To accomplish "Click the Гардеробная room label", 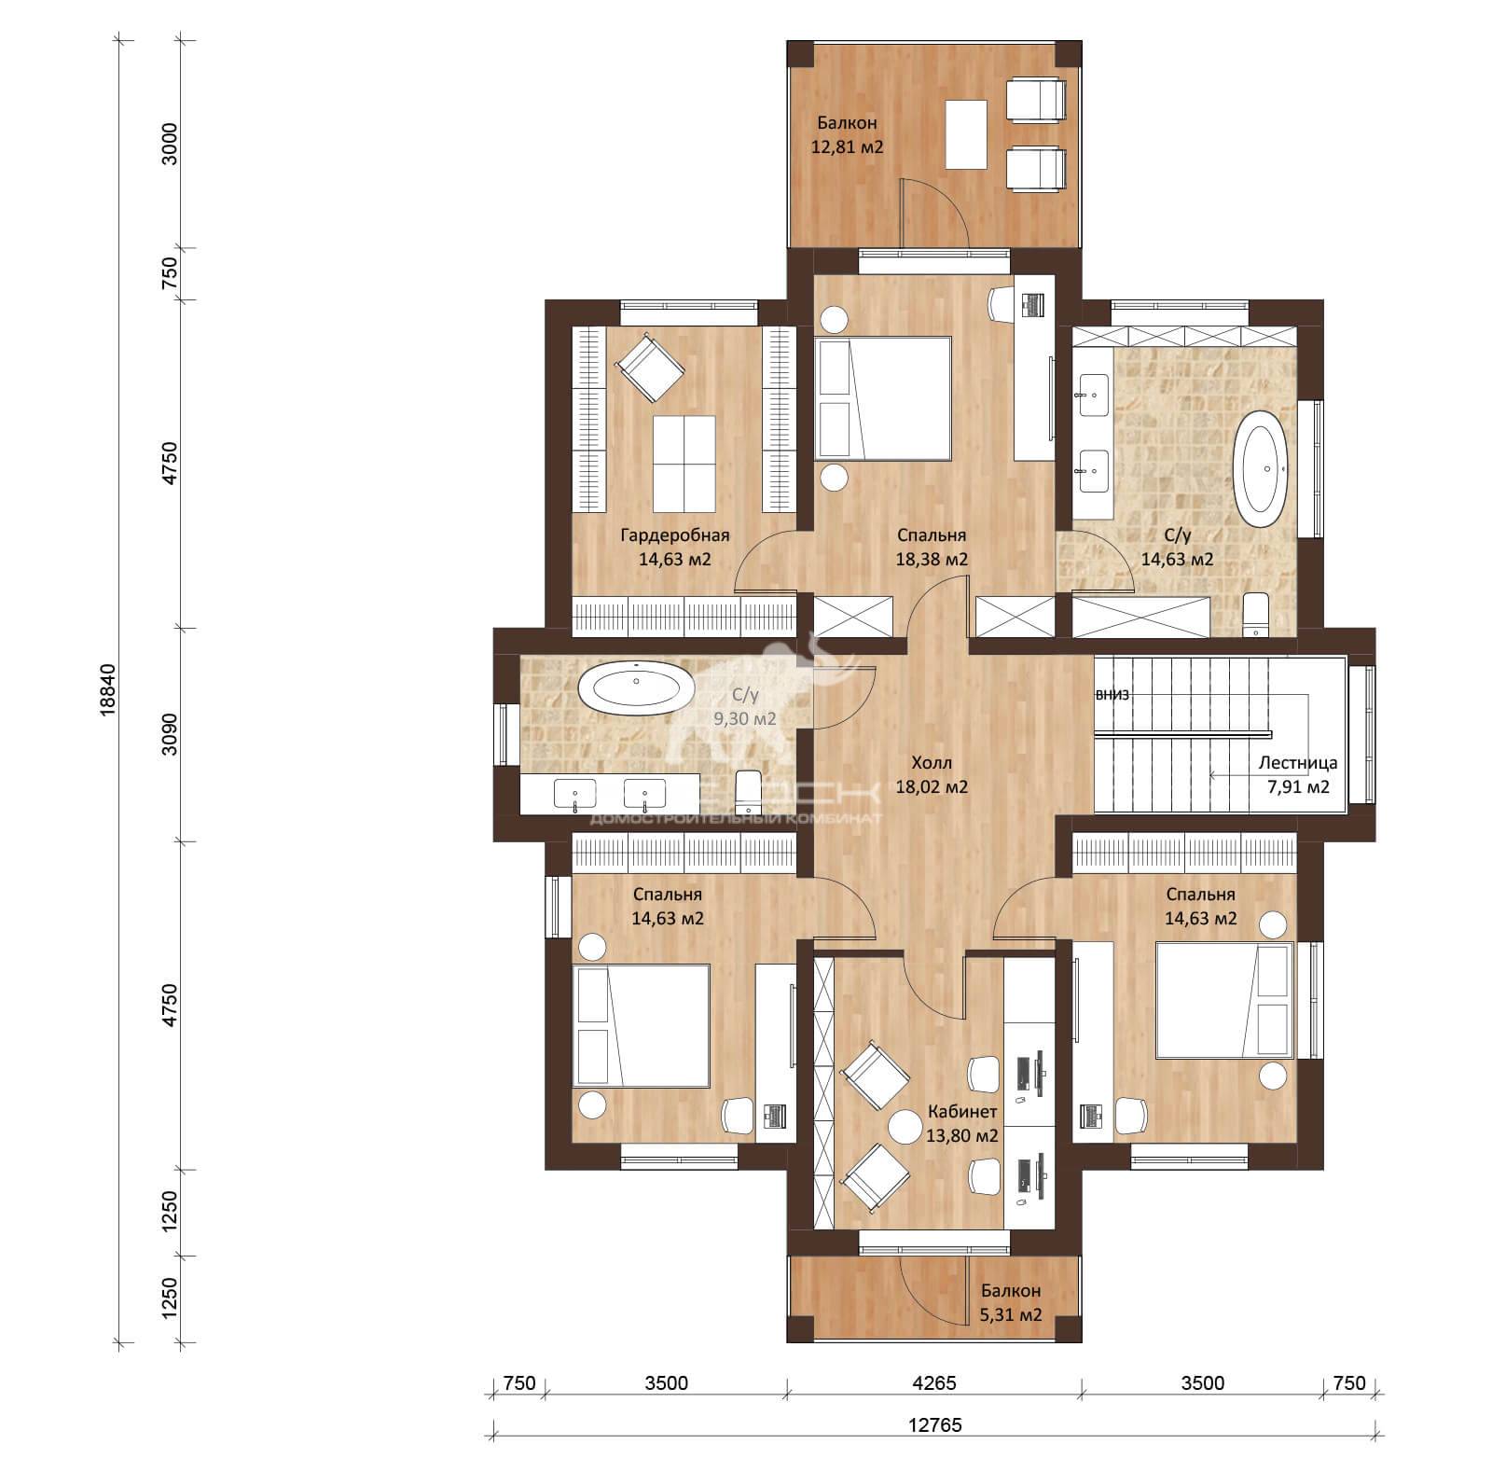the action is coord(674,535).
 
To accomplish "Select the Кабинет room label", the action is coord(962,1112).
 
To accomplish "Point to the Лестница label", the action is coord(1297,763).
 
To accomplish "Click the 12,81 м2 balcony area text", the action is coord(848,146).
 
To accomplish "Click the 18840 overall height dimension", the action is coord(108,689).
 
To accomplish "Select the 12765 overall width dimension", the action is coord(934,1425).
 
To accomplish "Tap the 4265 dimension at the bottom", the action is coord(933,1382).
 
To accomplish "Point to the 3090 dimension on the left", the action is coord(169,734).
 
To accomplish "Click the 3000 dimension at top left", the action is coord(169,144).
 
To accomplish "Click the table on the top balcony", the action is coord(967,133).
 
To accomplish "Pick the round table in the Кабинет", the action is coord(905,1126).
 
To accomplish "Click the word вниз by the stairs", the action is coord(1112,695).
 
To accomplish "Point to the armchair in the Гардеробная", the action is coord(650,367).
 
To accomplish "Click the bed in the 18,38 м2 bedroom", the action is coord(882,398).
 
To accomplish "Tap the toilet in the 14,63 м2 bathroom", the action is coord(1256,614).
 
